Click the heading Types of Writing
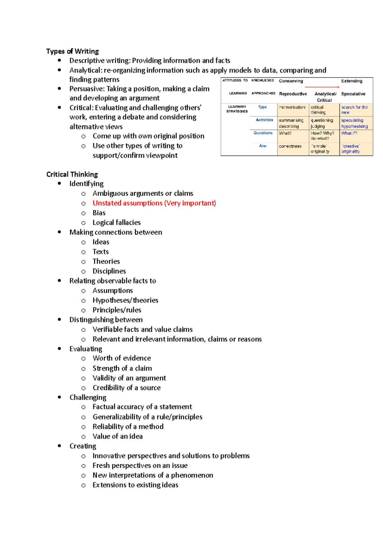[x=72, y=51]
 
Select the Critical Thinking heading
[x=72, y=174]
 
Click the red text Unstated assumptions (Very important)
[x=154, y=203]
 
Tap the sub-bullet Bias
[x=99, y=213]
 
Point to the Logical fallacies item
[x=116, y=222]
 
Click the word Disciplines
[x=109, y=271]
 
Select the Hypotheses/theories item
[x=125, y=300]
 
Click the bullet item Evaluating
[x=86, y=349]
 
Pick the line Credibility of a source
[x=127, y=388]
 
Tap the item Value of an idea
[x=117, y=436]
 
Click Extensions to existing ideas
[x=135, y=485]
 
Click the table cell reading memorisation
[x=292, y=107]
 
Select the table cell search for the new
[x=354, y=110]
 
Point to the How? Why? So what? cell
[x=322, y=136]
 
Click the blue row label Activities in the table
[x=264, y=120]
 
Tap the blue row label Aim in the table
[x=263, y=146]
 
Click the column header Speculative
[x=353, y=94]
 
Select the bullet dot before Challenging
[x=59, y=397]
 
